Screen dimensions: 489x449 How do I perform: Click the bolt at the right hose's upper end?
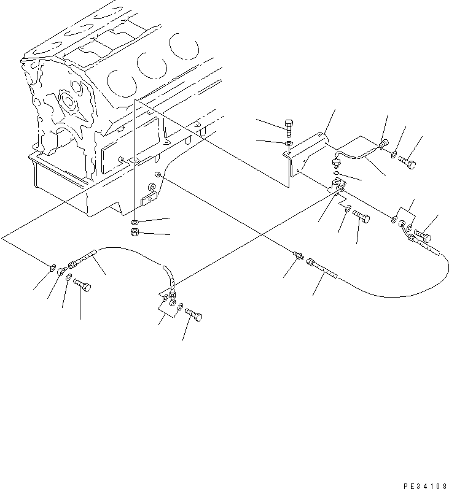(423, 235)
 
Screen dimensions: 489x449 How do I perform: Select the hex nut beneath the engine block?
(135, 233)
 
